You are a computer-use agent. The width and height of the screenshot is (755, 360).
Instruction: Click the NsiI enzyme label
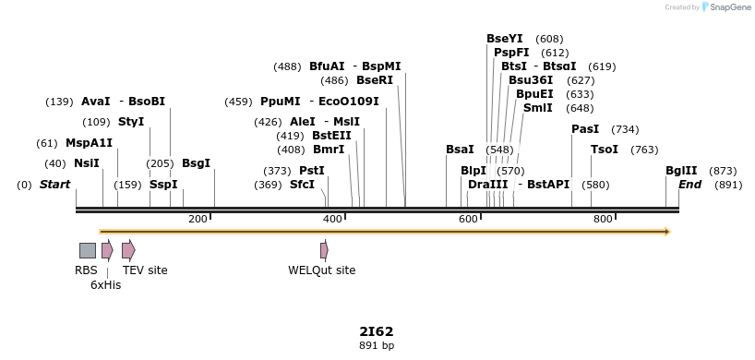coord(86,163)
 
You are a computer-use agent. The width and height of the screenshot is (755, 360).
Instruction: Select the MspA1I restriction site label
coord(89,143)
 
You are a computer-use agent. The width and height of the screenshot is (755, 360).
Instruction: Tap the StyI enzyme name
coord(131,122)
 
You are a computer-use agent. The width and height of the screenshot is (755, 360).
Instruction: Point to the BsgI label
coord(196,163)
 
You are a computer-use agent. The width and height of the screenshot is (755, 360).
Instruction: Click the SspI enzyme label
coord(163,185)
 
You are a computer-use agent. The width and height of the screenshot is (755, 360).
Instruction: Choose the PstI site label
coord(312,171)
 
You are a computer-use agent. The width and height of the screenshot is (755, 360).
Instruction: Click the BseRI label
coord(374,80)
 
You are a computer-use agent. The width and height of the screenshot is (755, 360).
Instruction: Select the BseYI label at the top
coord(504,39)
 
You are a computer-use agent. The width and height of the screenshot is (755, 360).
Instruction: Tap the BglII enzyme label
coord(681,171)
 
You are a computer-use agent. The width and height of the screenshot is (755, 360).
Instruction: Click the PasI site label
coord(585,129)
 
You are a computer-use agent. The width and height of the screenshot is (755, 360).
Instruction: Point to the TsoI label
coord(605,150)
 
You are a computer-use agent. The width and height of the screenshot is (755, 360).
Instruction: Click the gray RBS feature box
coord(88,250)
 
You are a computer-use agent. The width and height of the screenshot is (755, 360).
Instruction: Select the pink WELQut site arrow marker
coord(324,250)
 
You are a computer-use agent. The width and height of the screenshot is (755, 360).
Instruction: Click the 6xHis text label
coord(105,285)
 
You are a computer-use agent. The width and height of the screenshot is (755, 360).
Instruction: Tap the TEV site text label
coord(145,270)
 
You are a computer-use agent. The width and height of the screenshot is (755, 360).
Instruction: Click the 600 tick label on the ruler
coord(468,219)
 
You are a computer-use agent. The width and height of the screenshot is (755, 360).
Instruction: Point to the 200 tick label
coord(198,219)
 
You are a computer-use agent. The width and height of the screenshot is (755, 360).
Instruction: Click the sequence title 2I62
coord(377,330)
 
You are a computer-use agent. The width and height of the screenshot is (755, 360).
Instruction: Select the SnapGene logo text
coord(730,7)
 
